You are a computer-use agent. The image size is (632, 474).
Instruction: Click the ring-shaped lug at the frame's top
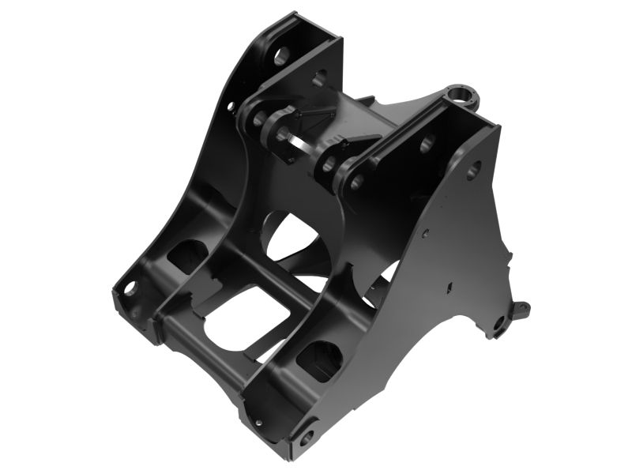click(461, 95)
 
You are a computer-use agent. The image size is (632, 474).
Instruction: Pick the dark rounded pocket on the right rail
click(319, 359)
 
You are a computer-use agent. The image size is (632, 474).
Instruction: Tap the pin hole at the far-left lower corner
click(129, 289)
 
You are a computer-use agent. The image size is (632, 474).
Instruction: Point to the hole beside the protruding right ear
click(498, 322)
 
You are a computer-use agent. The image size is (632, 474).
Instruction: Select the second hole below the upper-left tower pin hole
click(319, 77)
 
